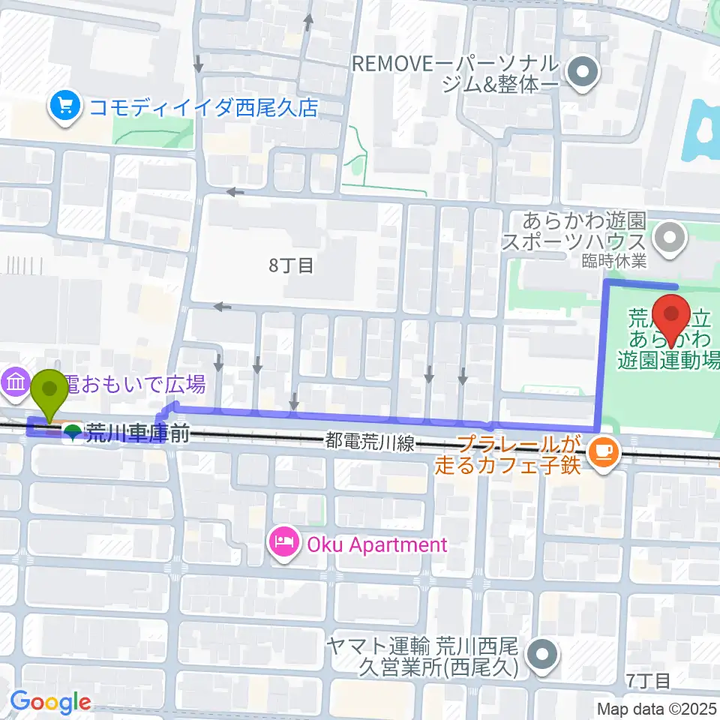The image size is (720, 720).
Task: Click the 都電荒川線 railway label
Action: point(370,443)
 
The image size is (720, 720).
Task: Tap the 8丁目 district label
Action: point(291,265)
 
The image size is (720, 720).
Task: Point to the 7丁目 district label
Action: point(648,679)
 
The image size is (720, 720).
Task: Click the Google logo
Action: point(50,702)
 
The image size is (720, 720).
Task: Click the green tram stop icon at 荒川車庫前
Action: point(73,433)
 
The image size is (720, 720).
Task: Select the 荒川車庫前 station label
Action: point(136,433)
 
